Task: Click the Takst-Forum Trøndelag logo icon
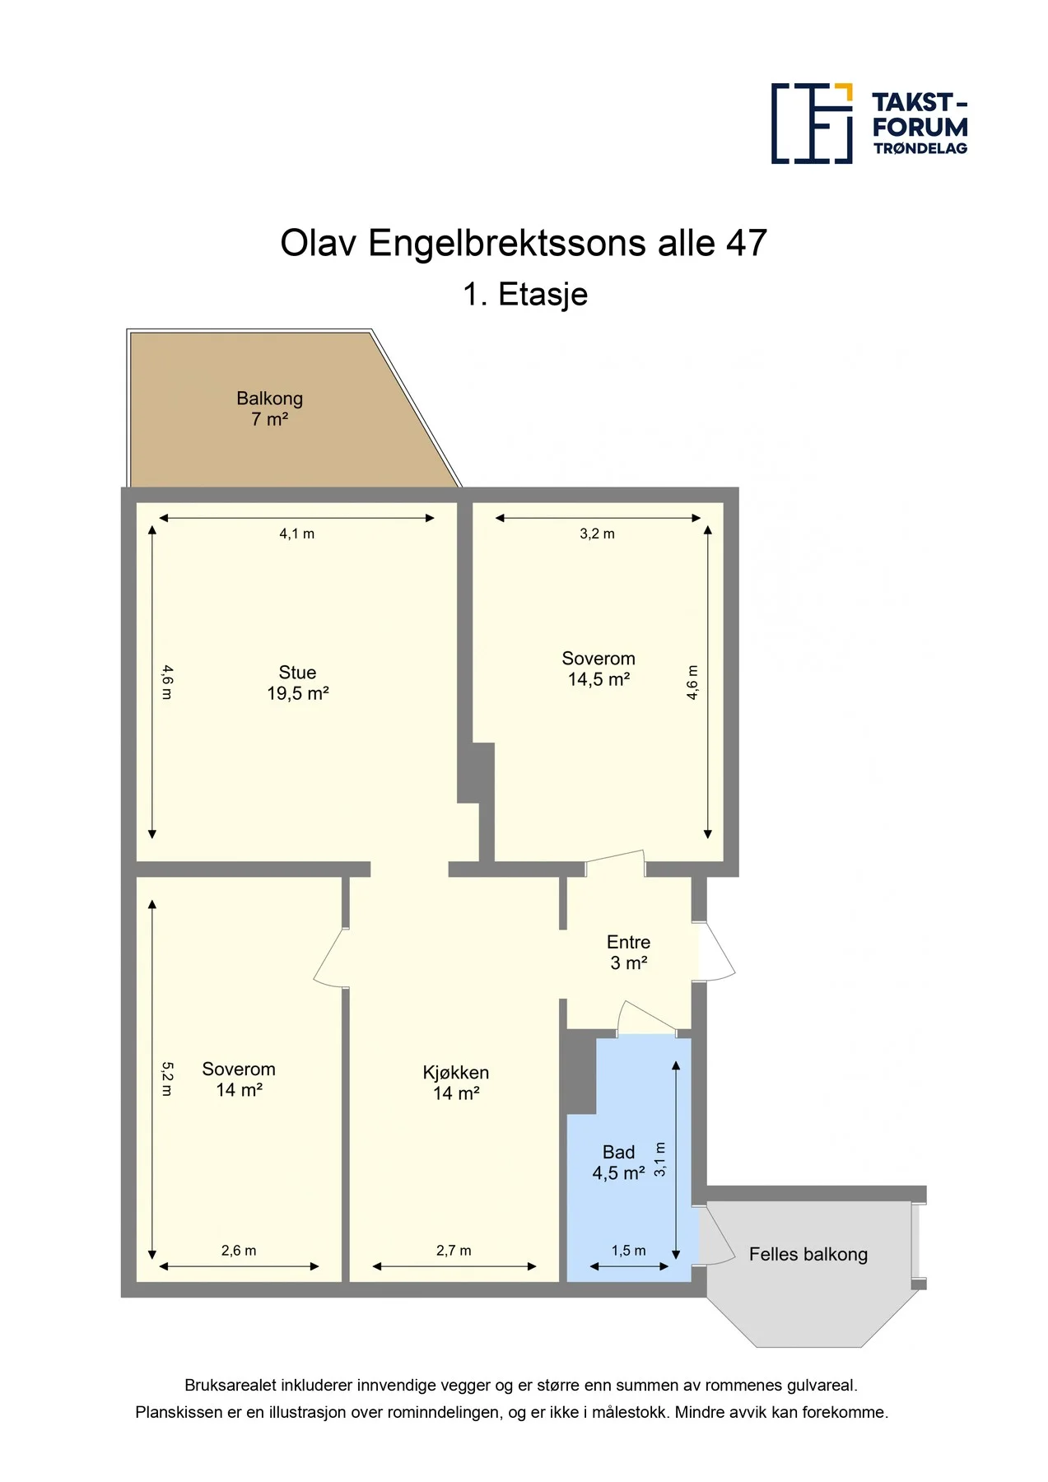[x=812, y=123]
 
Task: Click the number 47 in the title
[x=747, y=243]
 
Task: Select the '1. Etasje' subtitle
[x=525, y=295]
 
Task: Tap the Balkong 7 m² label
[x=270, y=408]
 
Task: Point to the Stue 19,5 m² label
[x=298, y=683]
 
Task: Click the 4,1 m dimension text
[x=297, y=534]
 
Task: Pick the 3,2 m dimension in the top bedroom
[x=598, y=534]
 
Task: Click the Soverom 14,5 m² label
[x=599, y=669]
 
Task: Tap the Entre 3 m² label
[x=629, y=953]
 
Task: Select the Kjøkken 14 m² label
[x=456, y=1083]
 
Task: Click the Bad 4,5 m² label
[x=619, y=1163]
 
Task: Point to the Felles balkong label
[x=808, y=1254]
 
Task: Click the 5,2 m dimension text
[x=167, y=1079]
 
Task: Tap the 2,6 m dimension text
[x=239, y=1251]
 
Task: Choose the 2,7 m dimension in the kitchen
[x=454, y=1251]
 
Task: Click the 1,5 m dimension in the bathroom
[x=629, y=1251]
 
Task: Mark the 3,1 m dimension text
[x=660, y=1159]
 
